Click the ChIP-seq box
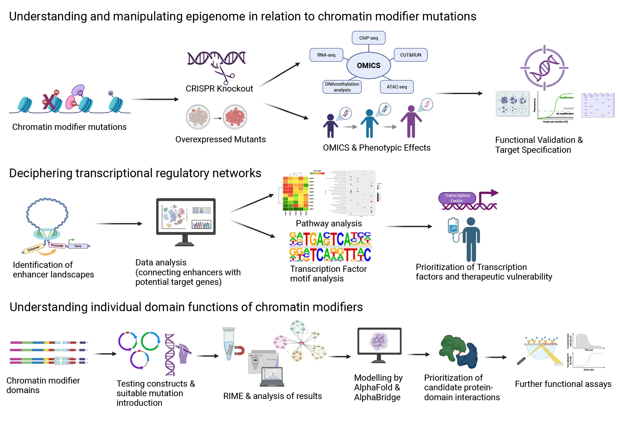coord(368,38)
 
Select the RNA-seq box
coord(326,55)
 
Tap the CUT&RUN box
coord(410,55)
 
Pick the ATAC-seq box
coord(396,87)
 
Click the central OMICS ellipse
coord(368,66)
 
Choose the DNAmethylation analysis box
coord(342,87)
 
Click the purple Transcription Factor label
coord(457,198)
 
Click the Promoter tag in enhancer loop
coord(57,246)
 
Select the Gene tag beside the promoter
coord(78,246)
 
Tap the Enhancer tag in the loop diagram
coord(33,248)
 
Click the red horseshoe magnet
coord(240,350)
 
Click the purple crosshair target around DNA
coord(544,68)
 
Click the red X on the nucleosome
coord(49,102)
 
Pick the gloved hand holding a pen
coord(184,353)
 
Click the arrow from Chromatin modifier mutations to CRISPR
coord(155,99)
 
